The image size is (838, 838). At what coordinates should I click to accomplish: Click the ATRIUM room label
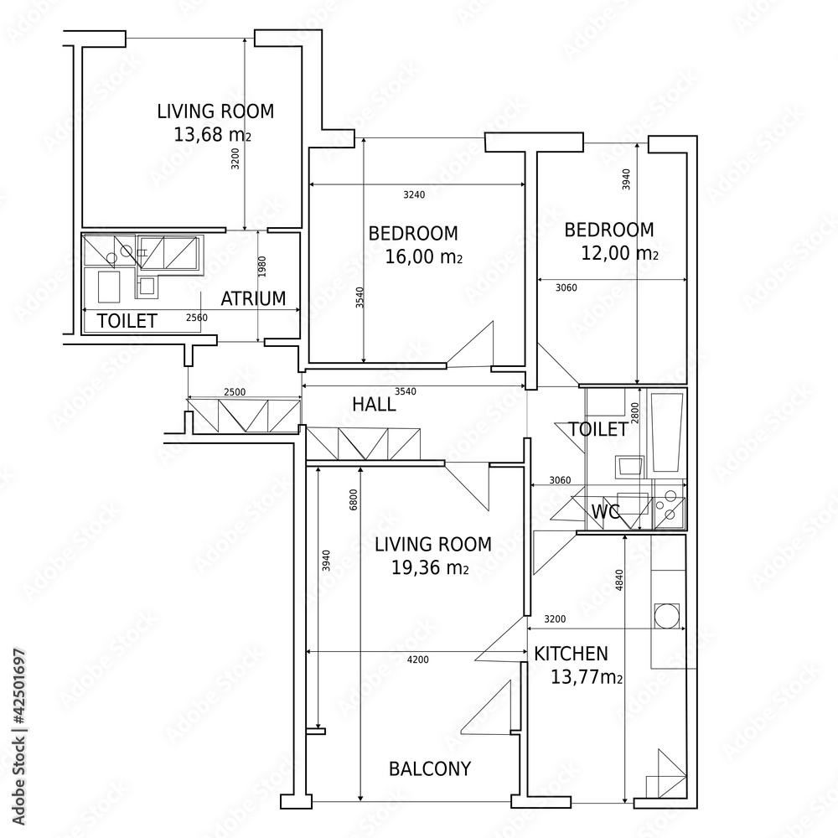pos(253,298)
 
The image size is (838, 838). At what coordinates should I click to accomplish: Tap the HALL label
pos(374,405)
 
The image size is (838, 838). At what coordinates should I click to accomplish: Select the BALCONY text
pos(430,769)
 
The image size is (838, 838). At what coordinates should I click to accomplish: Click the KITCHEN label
pos(571,654)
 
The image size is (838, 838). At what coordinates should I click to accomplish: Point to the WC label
pos(606,511)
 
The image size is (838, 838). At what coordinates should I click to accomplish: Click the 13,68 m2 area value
pos(212,135)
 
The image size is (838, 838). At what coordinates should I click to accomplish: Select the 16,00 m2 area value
pos(423,257)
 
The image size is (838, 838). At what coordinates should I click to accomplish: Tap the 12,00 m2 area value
pos(619,253)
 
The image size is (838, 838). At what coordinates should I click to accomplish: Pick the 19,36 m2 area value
pos(430,567)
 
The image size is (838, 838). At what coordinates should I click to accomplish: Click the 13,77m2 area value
pos(587,678)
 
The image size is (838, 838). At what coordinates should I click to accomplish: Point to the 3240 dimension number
pos(414,195)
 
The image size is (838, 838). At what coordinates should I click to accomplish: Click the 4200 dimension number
pos(418,660)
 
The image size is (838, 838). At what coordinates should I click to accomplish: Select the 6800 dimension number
pos(354,499)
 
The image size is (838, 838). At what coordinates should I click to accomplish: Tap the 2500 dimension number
pos(235,392)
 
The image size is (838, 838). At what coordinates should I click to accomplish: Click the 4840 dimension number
pos(619,580)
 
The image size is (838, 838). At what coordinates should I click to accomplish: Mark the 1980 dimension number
pos(261,266)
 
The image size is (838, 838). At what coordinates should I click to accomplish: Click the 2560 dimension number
pos(197,318)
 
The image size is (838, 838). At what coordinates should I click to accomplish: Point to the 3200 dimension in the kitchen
pos(555,619)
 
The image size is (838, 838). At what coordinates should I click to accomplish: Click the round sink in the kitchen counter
pos(666,616)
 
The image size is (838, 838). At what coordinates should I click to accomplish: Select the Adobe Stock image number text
pos(18,737)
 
